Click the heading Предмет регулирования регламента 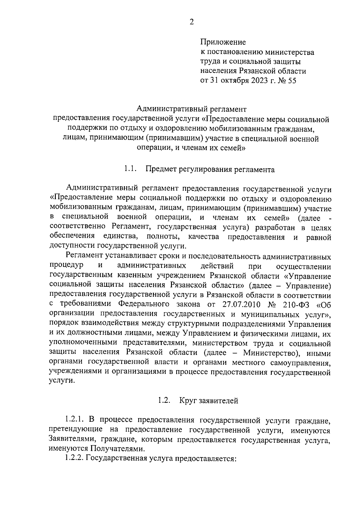tap(210, 170)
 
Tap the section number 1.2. tap(164, 400)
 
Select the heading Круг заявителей tap(209, 401)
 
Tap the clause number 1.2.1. tap(76, 421)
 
